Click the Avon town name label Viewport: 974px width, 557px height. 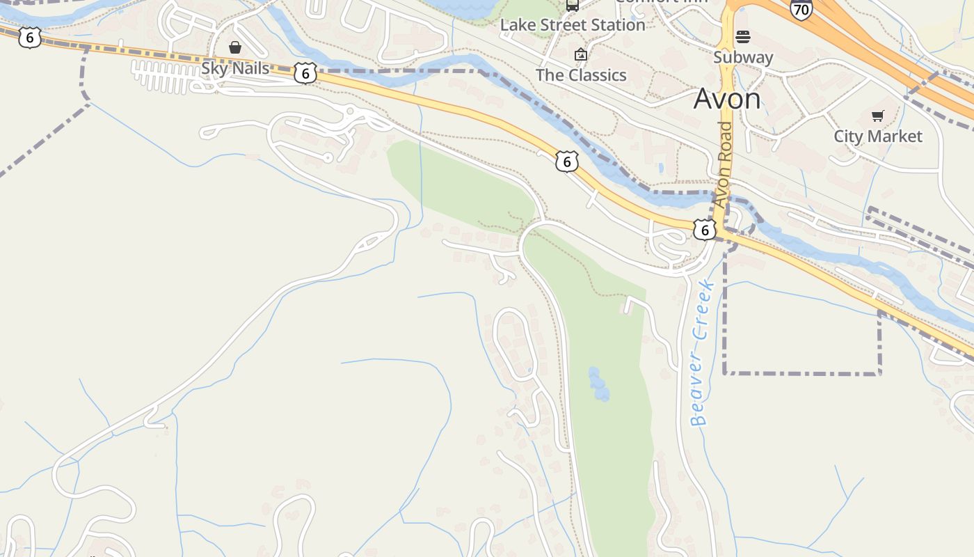pyautogui.click(x=727, y=99)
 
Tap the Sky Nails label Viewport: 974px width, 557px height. pyautogui.click(x=235, y=68)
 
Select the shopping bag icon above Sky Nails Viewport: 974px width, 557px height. pyautogui.click(x=235, y=47)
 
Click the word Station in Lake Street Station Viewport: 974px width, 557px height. pyautogui.click(x=614, y=25)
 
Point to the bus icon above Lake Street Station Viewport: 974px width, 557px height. pyautogui.click(x=573, y=5)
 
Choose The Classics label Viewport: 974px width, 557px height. pyautogui.click(x=581, y=75)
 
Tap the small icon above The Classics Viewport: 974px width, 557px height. pyautogui.click(x=580, y=54)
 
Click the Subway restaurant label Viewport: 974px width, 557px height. pyautogui.click(x=743, y=57)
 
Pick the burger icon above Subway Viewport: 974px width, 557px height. pyautogui.click(x=743, y=36)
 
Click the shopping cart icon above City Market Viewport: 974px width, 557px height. pyautogui.click(x=878, y=116)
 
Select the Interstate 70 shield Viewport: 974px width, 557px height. pyautogui.click(x=801, y=9)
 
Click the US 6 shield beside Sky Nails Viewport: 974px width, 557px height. pyautogui.click(x=305, y=72)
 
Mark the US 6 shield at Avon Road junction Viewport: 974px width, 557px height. pyautogui.click(x=705, y=229)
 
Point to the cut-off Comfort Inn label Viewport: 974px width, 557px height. pyautogui.click(x=661, y=2)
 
